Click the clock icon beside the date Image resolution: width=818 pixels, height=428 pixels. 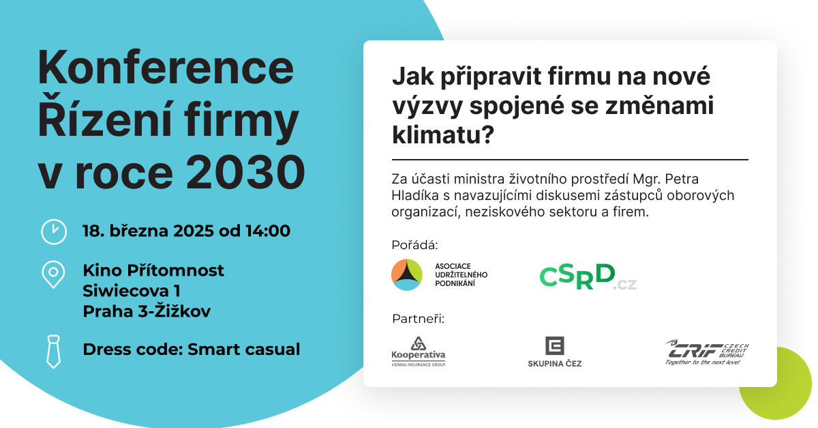(x=54, y=231)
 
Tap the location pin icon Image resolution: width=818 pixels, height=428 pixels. (x=53, y=274)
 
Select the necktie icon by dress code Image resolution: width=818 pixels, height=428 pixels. (x=53, y=352)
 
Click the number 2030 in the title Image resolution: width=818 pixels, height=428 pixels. (x=246, y=172)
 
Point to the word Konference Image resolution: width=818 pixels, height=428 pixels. (x=166, y=68)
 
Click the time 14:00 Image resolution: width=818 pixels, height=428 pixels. (x=268, y=231)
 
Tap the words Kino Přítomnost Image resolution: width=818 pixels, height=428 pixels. (x=153, y=271)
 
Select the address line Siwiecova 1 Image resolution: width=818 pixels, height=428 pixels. (x=132, y=291)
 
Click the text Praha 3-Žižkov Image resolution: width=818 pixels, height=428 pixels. (x=147, y=311)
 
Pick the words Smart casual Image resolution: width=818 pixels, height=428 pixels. (x=243, y=349)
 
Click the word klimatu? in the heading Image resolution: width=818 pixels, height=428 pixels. (x=443, y=135)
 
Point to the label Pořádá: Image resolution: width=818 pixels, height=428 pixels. (x=414, y=245)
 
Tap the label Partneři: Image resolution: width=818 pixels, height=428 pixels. (x=418, y=319)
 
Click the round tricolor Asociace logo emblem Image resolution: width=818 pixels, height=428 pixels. (x=407, y=274)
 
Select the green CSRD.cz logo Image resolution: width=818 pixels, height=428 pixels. (x=588, y=277)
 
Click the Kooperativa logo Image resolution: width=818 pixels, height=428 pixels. (x=418, y=352)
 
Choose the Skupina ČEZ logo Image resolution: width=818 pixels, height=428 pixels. (x=555, y=352)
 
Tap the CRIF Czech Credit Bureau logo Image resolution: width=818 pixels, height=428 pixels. (x=707, y=352)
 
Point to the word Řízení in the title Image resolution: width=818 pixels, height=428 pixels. (x=105, y=119)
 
